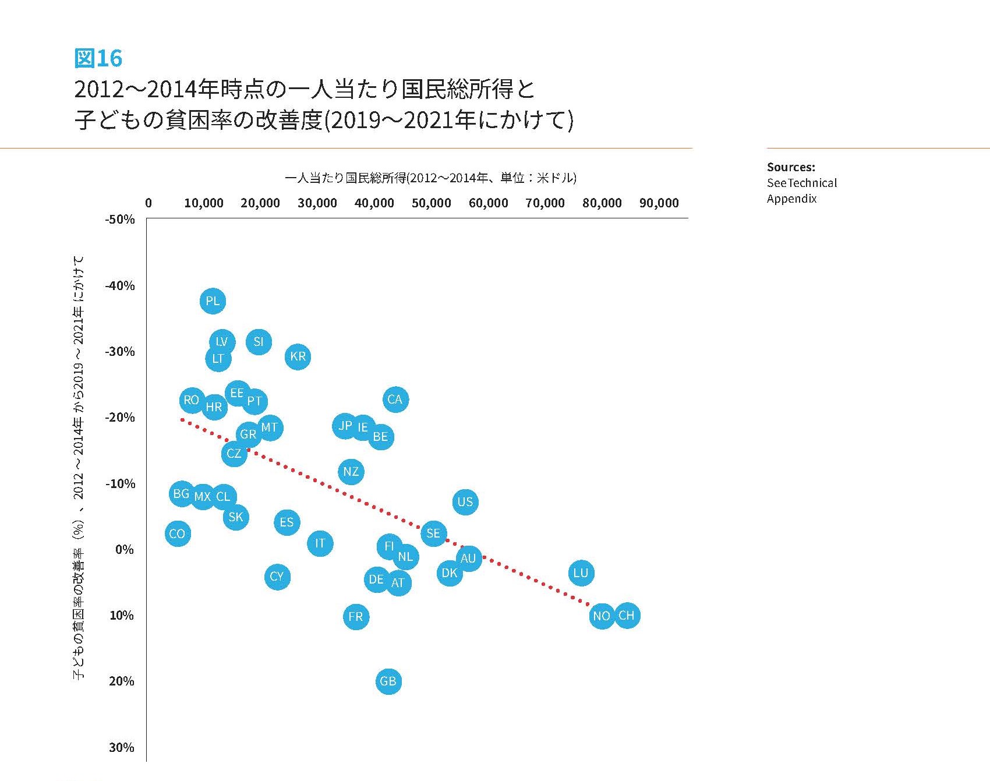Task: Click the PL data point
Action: [x=213, y=301]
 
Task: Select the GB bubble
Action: [x=388, y=681]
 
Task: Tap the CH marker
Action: [x=627, y=616]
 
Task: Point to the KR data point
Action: [x=298, y=356]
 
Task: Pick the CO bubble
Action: [x=178, y=533]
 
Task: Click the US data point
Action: [x=465, y=502]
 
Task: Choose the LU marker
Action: [x=581, y=573]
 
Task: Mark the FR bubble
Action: [x=356, y=617]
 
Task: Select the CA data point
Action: [x=395, y=400]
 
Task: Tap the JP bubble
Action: [x=345, y=426]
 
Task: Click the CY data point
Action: [x=277, y=577]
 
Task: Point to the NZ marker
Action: [x=351, y=471]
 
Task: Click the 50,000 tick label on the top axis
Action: [x=431, y=203]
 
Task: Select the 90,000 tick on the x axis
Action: [x=659, y=203]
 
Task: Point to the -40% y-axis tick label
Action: [x=120, y=285]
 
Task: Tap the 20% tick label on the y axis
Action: [x=121, y=681]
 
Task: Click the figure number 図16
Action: [x=98, y=58]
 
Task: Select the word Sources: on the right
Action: [x=791, y=167]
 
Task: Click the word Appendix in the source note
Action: [x=791, y=199]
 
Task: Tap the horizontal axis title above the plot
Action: [x=430, y=178]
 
